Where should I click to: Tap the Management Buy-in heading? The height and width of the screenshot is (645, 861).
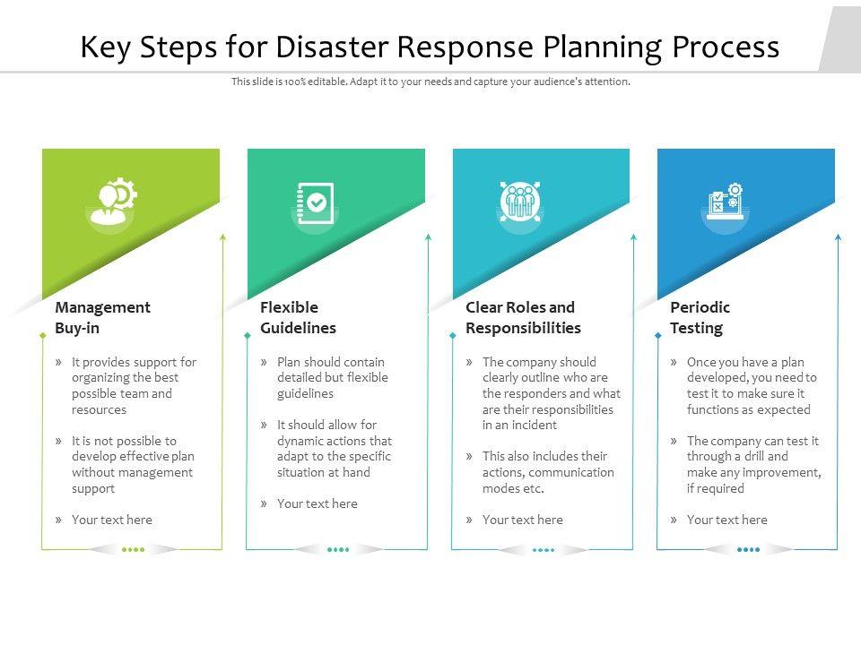102,317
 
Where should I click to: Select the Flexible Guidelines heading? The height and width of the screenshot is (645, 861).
298,317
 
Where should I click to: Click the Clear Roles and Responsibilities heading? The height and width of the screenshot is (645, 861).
523,317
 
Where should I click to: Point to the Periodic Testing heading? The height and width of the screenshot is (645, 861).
700,317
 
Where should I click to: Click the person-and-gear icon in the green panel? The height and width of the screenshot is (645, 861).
113,201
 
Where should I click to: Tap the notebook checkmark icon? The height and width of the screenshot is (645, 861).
315,203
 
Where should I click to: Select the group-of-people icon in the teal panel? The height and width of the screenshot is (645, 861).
519,201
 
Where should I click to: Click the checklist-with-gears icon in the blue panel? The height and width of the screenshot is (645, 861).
725,202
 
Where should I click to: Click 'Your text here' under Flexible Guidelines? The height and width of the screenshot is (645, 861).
317,503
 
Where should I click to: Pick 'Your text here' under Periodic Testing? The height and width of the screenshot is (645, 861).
727,520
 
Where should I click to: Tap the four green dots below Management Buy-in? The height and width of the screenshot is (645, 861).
133,549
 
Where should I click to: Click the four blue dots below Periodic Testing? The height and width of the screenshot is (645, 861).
748,549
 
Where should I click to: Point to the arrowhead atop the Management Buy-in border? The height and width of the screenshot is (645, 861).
223,236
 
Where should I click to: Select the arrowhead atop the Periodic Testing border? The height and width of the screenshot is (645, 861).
838,236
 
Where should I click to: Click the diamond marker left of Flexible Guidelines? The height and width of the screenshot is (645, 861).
248,336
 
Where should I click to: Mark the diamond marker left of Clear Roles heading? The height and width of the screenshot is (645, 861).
452,336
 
